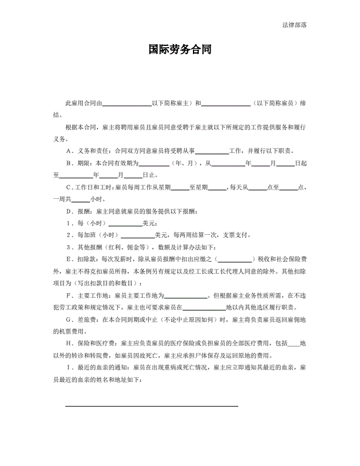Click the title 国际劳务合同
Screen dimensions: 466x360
(x=179, y=51)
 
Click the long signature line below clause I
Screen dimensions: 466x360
(x=151, y=405)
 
